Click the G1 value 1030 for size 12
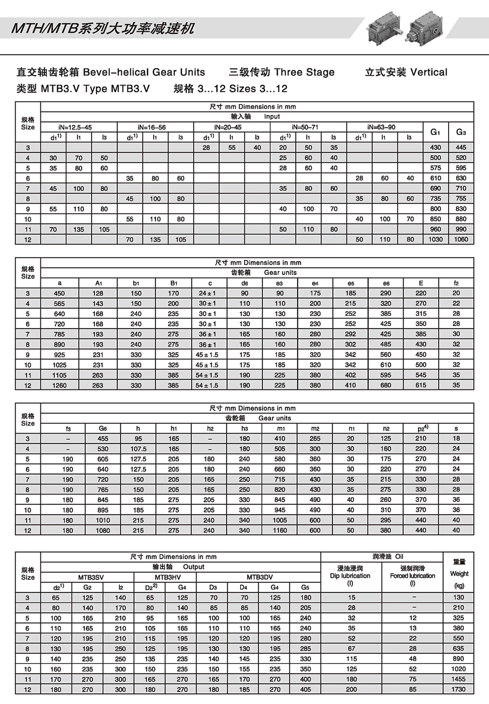(x=435, y=239)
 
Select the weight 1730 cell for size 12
(x=458, y=689)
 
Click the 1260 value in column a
(x=59, y=385)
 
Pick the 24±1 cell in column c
(x=207, y=293)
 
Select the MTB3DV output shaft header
(x=260, y=577)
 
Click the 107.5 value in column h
(x=138, y=449)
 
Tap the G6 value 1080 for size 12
(x=103, y=530)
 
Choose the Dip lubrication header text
(x=350, y=575)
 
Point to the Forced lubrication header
(x=413, y=575)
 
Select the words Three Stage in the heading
(x=305, y=72)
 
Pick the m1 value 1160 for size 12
(x=280, y=530)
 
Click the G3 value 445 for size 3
(x=461, y=147)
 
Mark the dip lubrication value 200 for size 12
(x=351, y=689)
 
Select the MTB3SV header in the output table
(x=91, y=577)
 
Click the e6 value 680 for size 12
(x=385, y=385)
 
